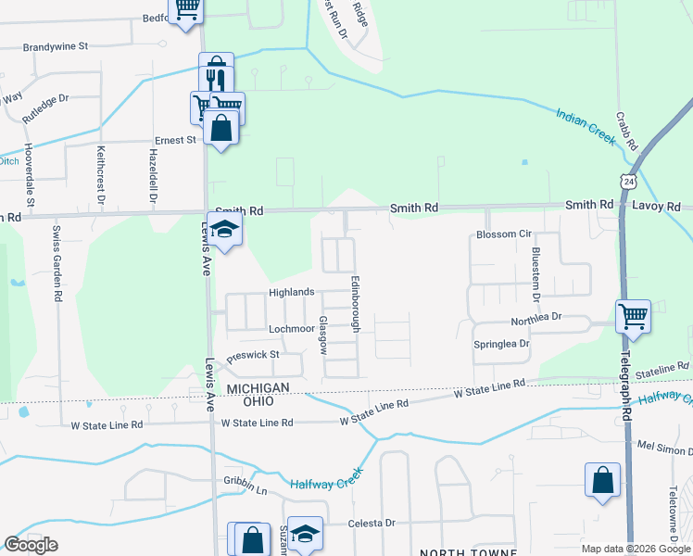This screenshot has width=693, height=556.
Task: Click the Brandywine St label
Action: [56, 45]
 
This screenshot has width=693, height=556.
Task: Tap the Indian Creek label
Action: [586, 126]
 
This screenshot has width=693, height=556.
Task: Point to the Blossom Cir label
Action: [503, 234]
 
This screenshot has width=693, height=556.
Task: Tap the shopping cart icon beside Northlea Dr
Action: [633, 315]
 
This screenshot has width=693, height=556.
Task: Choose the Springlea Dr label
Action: [501, 343]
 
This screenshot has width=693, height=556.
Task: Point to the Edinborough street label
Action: [355, 303]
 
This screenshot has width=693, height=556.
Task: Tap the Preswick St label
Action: [253, 354]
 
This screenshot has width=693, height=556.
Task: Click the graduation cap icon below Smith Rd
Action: [224, 229]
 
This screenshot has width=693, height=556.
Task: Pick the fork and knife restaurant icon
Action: [215, 74]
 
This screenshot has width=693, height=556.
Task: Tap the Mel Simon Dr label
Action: [664, 446]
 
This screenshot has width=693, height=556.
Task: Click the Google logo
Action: [31, 545]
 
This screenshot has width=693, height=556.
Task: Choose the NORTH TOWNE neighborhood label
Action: [468, 551]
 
